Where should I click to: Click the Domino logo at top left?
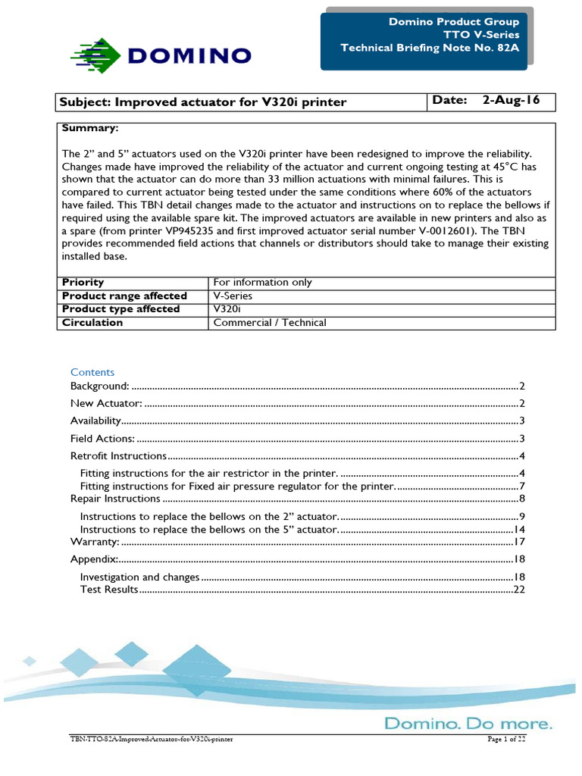tap(161, 55)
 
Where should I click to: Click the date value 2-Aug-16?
tap(511, 101)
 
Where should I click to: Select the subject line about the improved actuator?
tap(204, 102)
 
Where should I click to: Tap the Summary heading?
tap(90, 128)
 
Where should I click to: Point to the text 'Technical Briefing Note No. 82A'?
tap(430, 48)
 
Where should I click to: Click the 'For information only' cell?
tap(262, 282)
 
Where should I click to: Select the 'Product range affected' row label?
tap(124, 296)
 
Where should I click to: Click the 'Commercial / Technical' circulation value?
tap(270, 323)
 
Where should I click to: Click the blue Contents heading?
tap(92, 372)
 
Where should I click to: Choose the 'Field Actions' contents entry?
tap(102, 438)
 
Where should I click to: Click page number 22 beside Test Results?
tap(519, 589)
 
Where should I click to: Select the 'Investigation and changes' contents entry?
tap(139, 577)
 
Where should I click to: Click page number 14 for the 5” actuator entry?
tap(519, 529)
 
